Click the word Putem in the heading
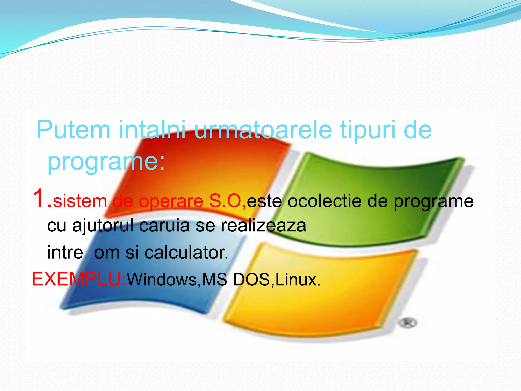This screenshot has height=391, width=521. (74, 130)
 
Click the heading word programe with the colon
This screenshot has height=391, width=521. (106, 162)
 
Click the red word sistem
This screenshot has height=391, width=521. (80, 201)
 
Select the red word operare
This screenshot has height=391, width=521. (171, 201)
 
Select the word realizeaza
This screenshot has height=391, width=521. (263, 226)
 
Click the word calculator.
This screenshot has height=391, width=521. (186, 253)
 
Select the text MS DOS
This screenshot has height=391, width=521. (236, 280)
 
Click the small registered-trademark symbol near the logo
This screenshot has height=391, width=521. (408, 323)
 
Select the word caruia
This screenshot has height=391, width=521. (164, 226)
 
